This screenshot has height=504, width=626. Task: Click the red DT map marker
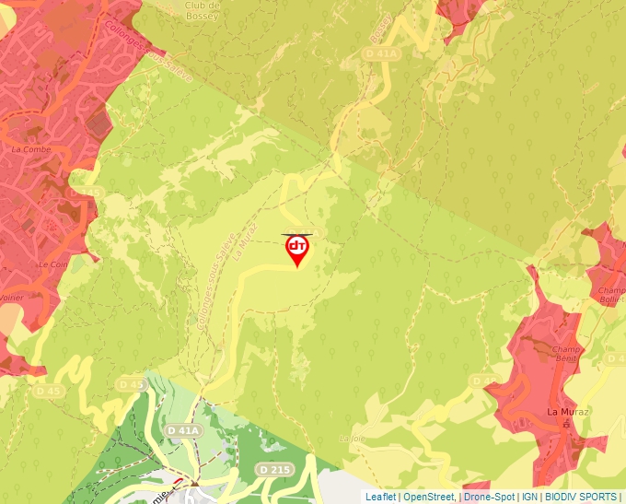pos(297,249)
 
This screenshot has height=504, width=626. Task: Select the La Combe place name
pos(29,147)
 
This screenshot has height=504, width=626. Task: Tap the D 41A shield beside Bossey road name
pos(381,54)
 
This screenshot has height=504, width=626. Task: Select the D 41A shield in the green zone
pos(184,430)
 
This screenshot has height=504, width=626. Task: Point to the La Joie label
pos(353,439)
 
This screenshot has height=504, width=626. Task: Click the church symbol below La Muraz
pos(567,425)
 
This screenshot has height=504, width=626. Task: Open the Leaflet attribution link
pos(380,497)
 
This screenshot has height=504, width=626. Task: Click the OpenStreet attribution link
pos(428,497)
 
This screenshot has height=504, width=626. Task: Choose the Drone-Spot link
pos(489,497)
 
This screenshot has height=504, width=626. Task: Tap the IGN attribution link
pos(530,497)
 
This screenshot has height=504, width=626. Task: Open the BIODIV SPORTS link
pos(582,497)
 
